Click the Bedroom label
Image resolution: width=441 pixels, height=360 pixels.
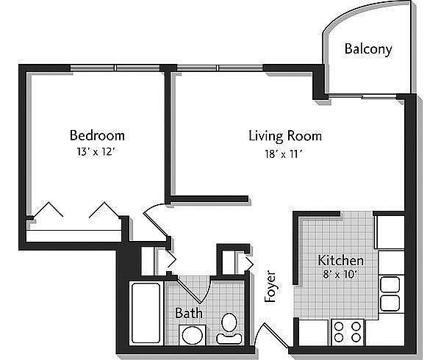(x=97, y=135)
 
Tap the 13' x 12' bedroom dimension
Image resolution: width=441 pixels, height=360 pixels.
(x=96, y=152)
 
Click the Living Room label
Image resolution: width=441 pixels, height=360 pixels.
(x=285, y=136)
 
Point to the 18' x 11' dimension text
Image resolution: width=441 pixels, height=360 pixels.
(x=284, y=154)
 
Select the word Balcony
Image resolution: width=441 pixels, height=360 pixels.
(x=368, y=49)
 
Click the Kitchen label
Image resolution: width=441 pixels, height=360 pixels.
(x=340, y=260)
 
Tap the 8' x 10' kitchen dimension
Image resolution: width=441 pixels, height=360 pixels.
(x=340, y=274)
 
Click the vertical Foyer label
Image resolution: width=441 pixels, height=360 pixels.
(x=270, y=287)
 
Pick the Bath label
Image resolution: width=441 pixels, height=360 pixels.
(x=189, y=313)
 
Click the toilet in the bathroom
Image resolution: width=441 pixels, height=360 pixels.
(x=229, y=329)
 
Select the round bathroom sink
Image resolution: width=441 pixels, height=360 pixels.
(x=193, y=336)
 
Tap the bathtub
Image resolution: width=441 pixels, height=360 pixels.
(x=146, y=313)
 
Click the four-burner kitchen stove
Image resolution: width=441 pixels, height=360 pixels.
(x=348, y=332)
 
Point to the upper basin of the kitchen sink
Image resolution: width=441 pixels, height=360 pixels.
(x=390, y=285)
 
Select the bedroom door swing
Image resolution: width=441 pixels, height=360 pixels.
(x=155, y=219)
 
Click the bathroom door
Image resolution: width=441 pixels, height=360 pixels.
(x=194, y=289)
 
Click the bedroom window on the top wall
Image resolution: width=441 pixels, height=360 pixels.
(x=115, y=68)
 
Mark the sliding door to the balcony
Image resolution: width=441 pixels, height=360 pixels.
(x=363, y=97)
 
